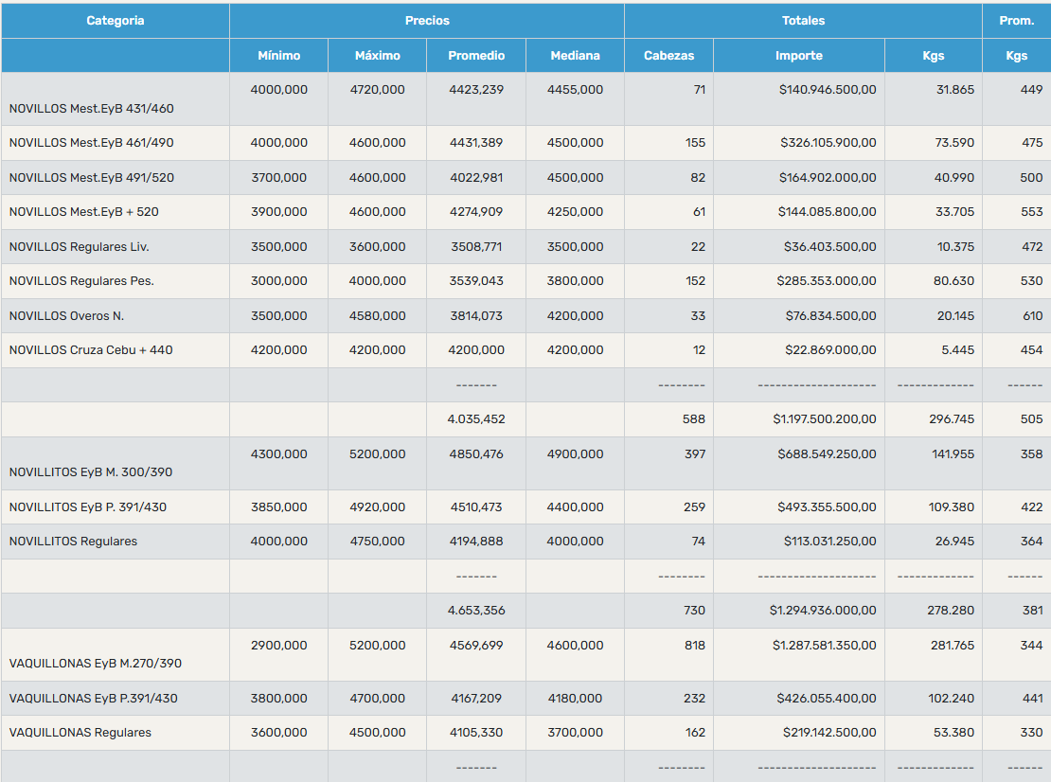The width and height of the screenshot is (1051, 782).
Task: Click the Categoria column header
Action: (x=116, y=21)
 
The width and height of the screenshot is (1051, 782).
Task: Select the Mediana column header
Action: (x=575, y=56)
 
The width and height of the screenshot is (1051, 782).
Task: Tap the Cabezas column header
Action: (x=668, y=56)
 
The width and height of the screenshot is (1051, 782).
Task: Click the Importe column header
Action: (x=799, y=56)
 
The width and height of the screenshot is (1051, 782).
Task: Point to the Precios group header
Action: (x=427, y=21)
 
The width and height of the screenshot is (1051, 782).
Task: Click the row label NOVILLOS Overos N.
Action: (x=66, y=315)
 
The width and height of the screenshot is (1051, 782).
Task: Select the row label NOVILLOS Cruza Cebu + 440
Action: (x=91, y=349)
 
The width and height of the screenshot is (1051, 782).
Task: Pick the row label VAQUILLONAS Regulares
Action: (x=80, y=733)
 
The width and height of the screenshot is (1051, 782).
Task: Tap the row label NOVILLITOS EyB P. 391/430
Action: (x=88, y=507)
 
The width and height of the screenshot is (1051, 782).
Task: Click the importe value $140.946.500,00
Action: (x=828, y=90)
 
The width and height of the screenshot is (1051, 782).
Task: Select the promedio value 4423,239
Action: (x=476, y=90)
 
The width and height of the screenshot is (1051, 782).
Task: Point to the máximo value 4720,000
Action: (x=378, y=90)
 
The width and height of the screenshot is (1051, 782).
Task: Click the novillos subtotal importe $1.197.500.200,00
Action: (x=825, y=418)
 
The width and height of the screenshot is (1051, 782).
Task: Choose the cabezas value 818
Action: (x=694, y=646)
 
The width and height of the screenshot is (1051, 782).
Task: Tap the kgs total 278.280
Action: (x=952, y=611)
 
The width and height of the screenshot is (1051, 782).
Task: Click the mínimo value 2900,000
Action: (x=278, y=646)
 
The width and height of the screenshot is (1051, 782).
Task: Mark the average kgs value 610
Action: (x=1032, y=315)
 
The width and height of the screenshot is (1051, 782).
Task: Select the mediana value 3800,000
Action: (x=575, y=281)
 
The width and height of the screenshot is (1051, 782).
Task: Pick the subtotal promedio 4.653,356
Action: (x=476, y=611)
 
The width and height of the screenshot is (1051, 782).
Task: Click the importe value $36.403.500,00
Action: (x=829, y=246)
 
